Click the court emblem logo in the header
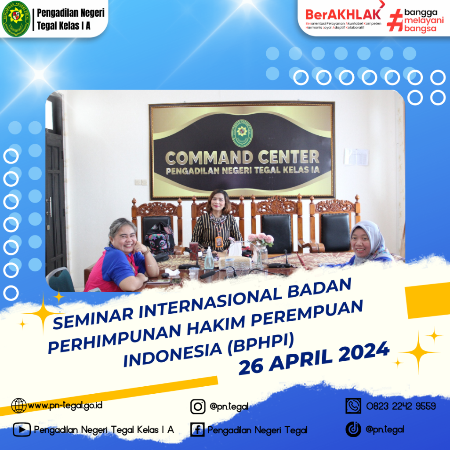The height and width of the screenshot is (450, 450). tap(16, 19)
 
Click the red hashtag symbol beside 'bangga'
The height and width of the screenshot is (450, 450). tap(395, 20)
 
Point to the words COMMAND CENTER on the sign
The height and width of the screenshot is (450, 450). tap(242, 157)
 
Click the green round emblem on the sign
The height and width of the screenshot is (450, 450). tap(242, 133)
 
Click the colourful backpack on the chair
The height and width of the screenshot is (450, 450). tap(159, 238)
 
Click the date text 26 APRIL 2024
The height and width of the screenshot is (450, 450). tap(314, 358)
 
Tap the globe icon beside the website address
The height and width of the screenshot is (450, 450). tap(19, 406)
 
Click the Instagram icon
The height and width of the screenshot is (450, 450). tap(198, 406)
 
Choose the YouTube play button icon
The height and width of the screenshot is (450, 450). tap(22, 430)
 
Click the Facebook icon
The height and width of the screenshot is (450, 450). tap(197, 430)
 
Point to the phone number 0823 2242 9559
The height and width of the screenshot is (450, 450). tap(401, 406)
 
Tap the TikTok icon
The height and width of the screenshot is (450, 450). tap(353, 429)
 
